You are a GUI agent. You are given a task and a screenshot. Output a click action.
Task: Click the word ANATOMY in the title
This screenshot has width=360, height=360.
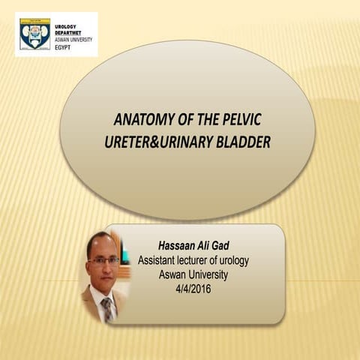pyautogui.click(x=137, y=120)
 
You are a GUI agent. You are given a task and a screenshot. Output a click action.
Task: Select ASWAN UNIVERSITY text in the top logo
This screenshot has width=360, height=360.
pyautogui.click(x=73, y=38)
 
